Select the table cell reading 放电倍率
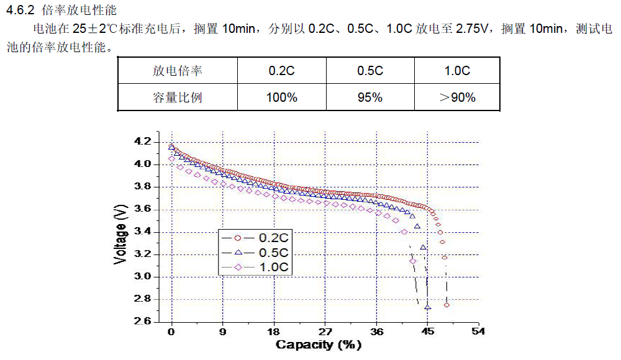click(178, 71)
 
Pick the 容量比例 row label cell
click(178, 97)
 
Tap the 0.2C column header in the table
click(281, 71)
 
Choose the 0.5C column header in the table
click(369, 71)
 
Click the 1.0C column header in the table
click(457, 71)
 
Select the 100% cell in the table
click(281, 97)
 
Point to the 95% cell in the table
click(369, 97)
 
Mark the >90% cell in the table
click(457, 97)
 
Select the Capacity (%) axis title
click(319, 345)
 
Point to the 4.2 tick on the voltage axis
click(142, 142)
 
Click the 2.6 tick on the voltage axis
click(142, 322)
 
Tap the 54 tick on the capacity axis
click(478, 331)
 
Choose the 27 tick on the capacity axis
click(325, 331)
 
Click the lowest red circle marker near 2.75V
click(446, 305)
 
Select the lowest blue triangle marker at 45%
click(427, 307)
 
